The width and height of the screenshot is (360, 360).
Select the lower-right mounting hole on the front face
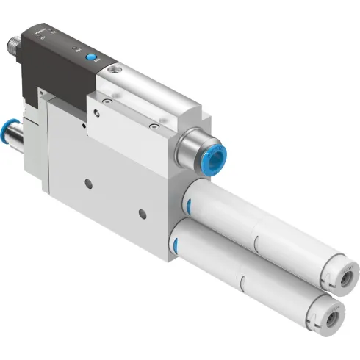pos(143,215)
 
